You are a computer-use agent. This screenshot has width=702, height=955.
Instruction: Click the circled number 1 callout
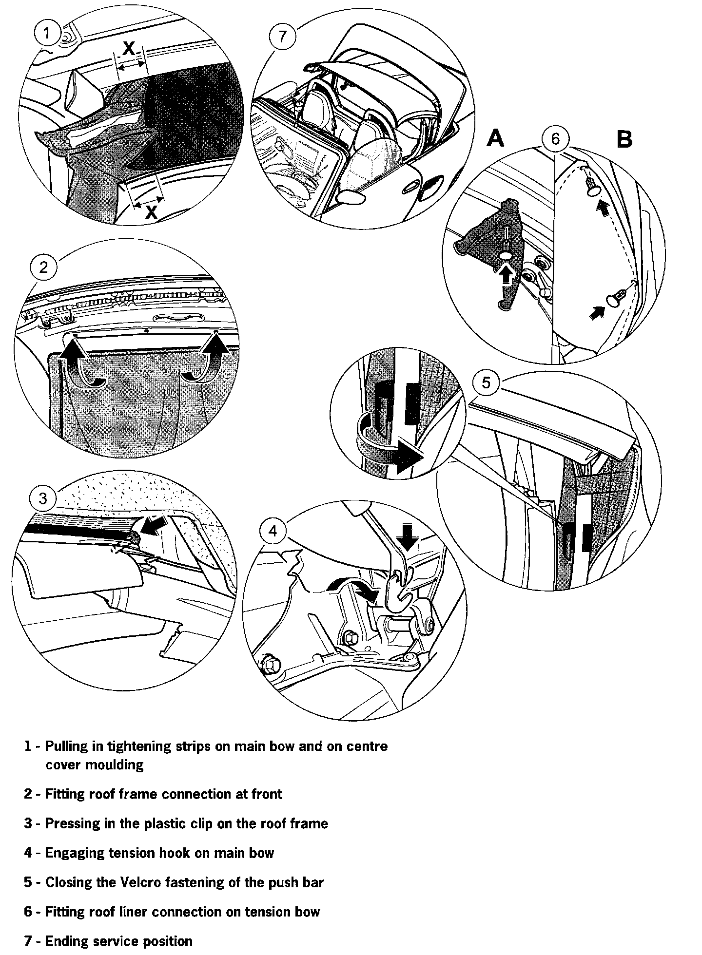pyautogui.click(x=46, y=34)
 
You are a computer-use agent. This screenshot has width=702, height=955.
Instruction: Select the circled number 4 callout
pyautogui.click(x=273, y=531)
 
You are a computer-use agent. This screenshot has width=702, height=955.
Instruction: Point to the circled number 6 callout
pyautogui.click(x=556, y=139)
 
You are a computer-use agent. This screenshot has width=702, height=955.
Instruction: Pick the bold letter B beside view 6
pyautogui.click(x=624, y=139)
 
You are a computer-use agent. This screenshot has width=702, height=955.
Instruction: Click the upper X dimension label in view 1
pyautogui.click(x=128, y=49)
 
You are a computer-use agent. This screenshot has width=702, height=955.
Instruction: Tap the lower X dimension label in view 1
pyautogui.click(x=152, y=212)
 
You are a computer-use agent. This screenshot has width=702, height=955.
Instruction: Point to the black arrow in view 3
pyautogui.click(x=154, y=526)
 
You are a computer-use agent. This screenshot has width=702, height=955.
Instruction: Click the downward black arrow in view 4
pyautogui.click(x=407, y=539)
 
